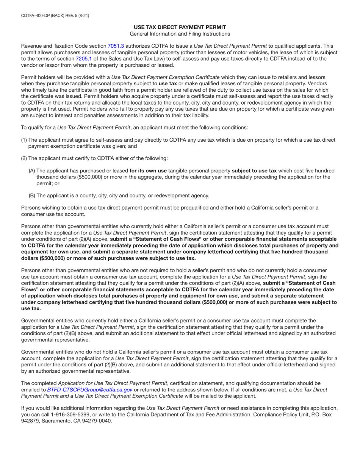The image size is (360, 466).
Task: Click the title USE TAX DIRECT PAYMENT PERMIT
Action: (x=180, y=27)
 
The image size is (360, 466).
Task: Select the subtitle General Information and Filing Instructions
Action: (x=180, y=34)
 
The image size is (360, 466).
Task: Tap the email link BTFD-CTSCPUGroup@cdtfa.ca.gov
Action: (x=89, y=389)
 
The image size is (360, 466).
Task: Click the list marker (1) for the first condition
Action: (x=24, y=140)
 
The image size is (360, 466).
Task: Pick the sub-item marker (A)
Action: (x=32, y=170)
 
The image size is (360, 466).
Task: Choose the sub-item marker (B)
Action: (x=32, y=195)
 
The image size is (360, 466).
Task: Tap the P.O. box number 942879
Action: (x=30, y=421)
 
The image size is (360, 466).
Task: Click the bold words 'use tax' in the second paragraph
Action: (x=168, y=83)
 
